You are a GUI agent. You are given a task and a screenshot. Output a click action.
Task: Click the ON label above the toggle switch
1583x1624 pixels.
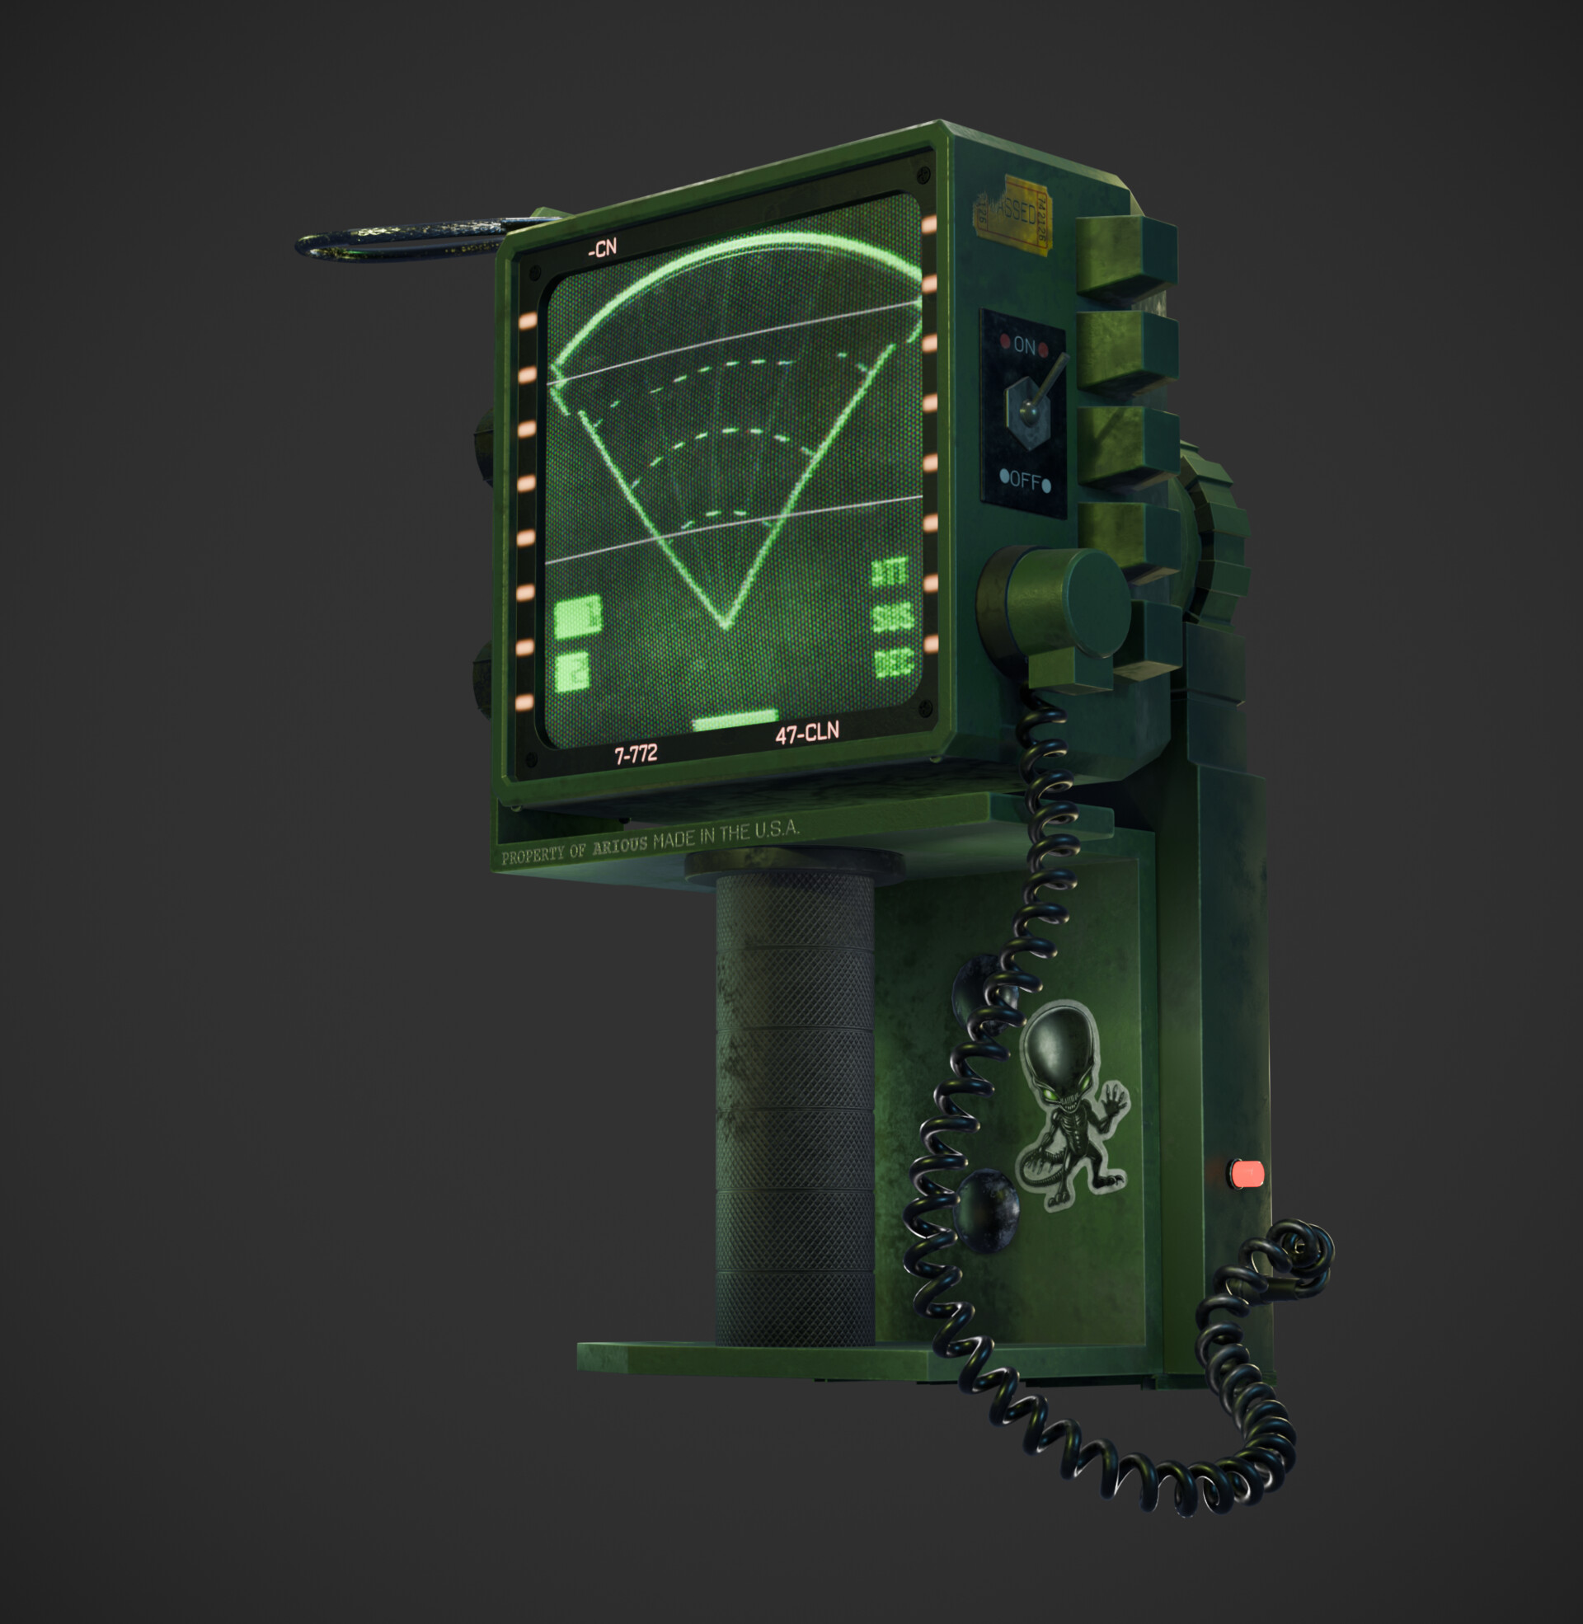(1023, 345)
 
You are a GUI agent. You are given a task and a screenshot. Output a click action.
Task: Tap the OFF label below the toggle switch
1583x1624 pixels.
(1025, 481)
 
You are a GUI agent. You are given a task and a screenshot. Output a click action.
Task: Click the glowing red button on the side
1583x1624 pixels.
(1247, 1174)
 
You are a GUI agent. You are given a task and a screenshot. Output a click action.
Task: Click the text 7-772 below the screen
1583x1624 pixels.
(636, 753)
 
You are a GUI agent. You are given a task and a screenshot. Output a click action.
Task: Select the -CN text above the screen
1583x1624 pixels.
(602, 247)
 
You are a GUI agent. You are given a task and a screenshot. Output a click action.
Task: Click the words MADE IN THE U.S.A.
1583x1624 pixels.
(726, 834)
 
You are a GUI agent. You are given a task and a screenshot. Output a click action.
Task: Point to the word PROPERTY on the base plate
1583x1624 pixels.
(532, 855)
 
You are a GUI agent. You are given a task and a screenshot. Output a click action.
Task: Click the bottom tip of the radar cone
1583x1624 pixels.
(724, 623)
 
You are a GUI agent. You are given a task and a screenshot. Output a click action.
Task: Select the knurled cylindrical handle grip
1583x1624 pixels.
(794, 1105)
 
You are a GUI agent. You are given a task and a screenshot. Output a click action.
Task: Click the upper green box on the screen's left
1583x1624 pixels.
(577, 616)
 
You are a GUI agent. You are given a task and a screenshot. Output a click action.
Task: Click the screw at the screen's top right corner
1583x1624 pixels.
(922, 175)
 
